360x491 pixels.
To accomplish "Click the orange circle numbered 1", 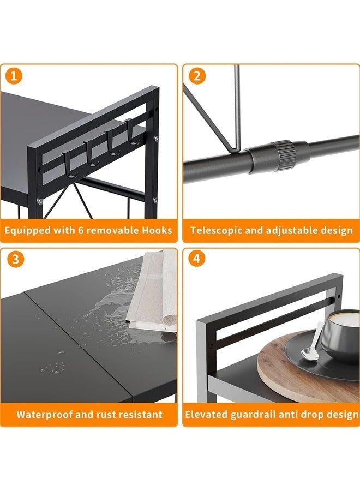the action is [x=14, y=76].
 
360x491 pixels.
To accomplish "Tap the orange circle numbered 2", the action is [x=197, y=76].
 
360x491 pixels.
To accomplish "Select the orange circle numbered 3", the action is [x=15, y=259].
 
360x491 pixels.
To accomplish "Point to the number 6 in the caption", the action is [x=81, y=230].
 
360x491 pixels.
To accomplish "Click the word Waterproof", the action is [x=44, y=415].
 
